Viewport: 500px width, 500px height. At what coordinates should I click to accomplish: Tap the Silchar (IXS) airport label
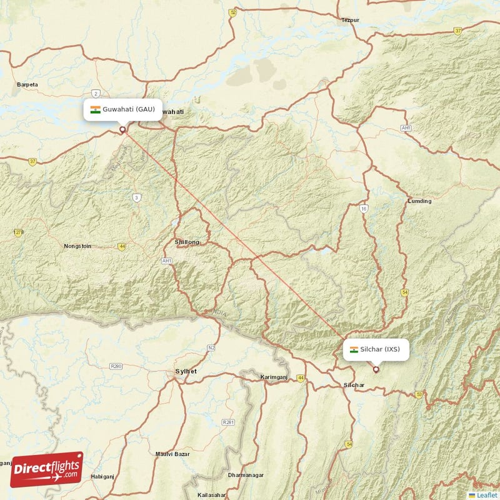coord(376,349)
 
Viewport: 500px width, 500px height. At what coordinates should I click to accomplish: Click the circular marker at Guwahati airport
coord(122,130)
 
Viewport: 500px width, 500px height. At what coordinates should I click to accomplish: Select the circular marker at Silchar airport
coord(376,369)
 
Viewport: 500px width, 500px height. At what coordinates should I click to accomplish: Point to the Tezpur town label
coord(350,20)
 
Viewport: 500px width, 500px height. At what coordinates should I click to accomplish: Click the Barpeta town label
coord(27,84)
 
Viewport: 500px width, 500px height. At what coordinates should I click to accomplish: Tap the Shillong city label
coord(187,242)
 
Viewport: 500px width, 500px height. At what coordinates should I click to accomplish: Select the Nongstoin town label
coord(77,246)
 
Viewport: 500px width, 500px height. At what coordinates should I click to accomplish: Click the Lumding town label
coord(419,201)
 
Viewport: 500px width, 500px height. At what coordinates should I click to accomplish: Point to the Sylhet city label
coord(186,371)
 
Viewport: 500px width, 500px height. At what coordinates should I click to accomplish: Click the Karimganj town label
coord(276,377)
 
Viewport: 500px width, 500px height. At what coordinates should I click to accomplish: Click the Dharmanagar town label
coord(249,476)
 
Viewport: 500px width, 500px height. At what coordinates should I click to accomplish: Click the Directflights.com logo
coord(47,469)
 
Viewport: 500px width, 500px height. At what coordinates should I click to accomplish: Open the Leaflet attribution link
coord(486,495)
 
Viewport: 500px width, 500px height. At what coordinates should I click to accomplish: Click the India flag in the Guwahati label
coord(95,109)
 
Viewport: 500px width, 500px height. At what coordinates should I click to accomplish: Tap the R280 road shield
coord(116,366)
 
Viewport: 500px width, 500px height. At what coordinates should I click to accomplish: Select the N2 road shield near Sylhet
coord(211,347)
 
